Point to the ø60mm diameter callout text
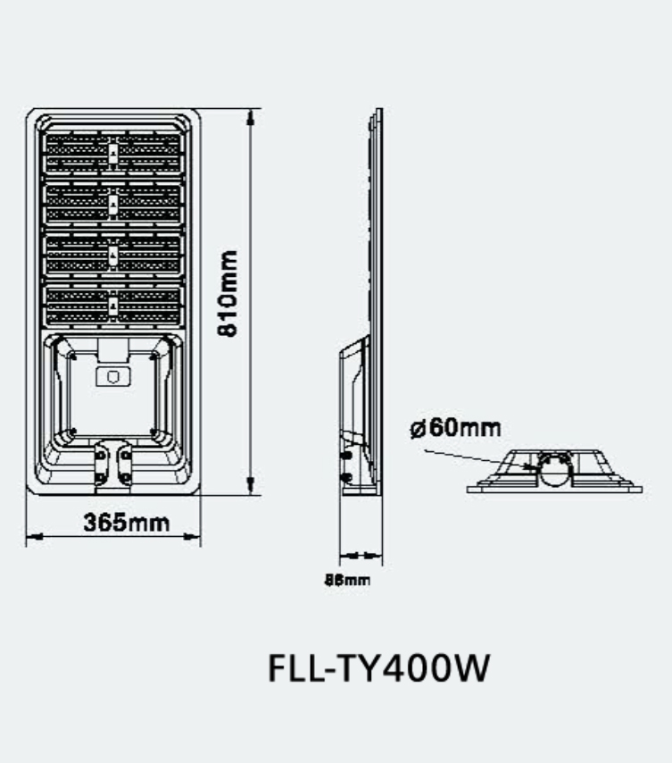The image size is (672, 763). (x=455, y=427)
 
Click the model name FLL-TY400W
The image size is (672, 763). (x=378, y=668)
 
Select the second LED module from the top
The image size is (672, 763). (x=113, y=205)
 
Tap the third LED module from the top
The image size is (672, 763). (x=113, y=256)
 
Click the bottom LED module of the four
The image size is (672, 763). (x=113, y=306)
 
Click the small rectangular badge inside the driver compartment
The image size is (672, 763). (x=113, y=376)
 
